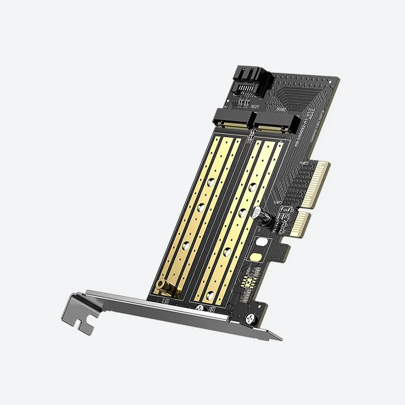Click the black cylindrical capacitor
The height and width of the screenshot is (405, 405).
click(260, 215)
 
